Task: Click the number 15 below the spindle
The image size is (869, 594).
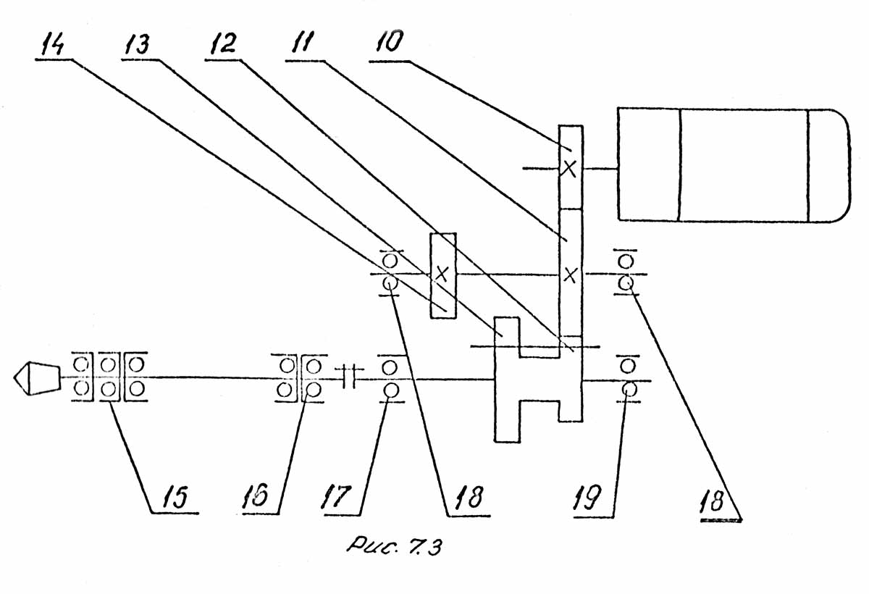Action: click(x=173, y=498)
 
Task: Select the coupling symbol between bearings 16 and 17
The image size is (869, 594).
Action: click(x=347, y=377)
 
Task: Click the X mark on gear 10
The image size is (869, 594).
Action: click(x=570, y=169)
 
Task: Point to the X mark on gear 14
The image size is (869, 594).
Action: click(x=442, y=275)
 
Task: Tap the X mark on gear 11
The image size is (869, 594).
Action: click(x=571, y=275)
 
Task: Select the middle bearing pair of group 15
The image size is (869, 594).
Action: click(x=109, y=377)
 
